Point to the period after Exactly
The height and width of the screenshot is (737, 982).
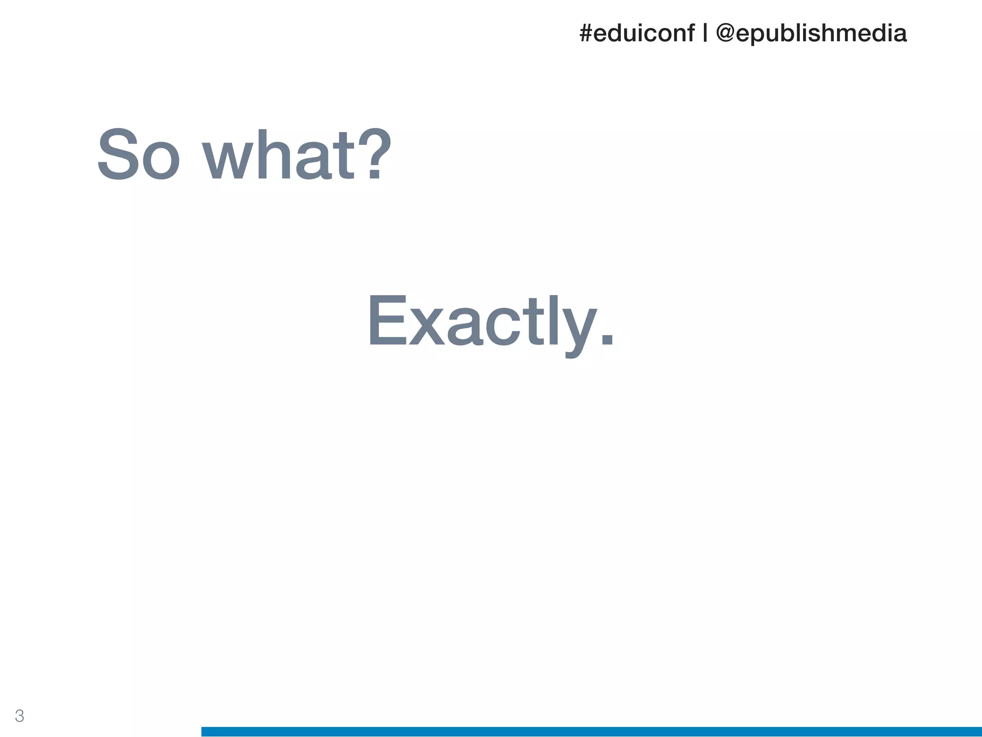pos(607,339)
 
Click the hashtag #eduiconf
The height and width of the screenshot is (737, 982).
pos(637,34)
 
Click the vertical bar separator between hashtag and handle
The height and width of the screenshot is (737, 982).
pos(705,34)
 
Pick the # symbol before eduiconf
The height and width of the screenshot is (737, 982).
pos(585,34)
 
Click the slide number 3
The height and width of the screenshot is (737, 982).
pos(19,716)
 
